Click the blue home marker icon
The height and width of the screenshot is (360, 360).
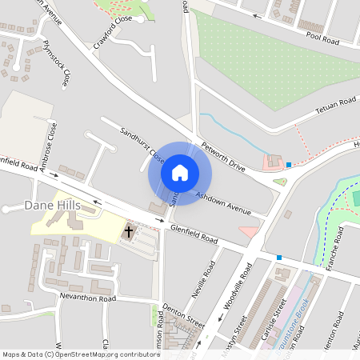click(x=180, y=172)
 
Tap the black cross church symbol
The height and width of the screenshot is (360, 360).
click(x=128, y=232)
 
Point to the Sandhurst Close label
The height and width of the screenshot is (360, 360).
click(x=142, y=145)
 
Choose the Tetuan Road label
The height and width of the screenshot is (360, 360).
click(x=335, y=103)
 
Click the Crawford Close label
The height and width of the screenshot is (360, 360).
click(x=112, y=32)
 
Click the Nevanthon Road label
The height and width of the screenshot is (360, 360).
click(x=87, y=298)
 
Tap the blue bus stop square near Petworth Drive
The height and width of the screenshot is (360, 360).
click(x=289, y=165)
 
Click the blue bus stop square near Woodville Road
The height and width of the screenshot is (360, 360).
click(x=279, y=258)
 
